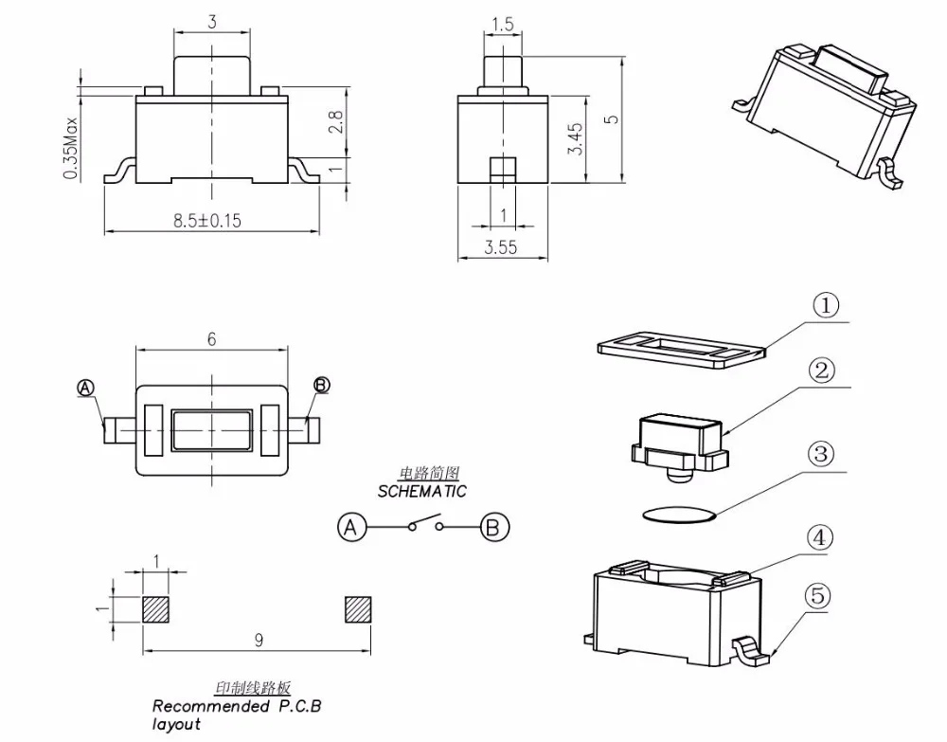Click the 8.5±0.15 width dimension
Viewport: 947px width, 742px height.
coord(207,221)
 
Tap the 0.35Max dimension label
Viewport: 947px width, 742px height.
coord(71,148)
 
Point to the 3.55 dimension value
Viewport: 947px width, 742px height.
coord(501,247)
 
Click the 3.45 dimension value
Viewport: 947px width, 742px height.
coord(576,139)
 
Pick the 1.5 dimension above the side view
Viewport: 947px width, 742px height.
coord(503,25)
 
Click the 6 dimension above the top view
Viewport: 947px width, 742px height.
coord(211,339)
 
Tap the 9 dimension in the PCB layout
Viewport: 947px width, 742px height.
coord(259,640)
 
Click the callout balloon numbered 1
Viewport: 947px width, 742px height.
coord(826,306)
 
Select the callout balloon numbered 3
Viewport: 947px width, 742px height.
coord(821,453)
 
